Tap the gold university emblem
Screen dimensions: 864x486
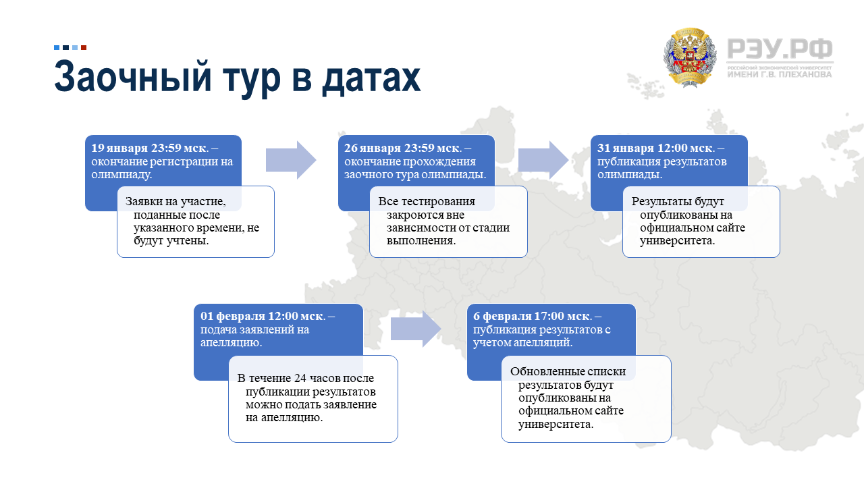click(690, 57)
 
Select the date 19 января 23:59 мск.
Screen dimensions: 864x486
click(150, 148)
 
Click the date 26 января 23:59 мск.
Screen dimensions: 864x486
click(403, 148)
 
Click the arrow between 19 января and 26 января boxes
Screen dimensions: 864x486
click(291, 160)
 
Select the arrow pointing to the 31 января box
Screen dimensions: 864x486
click(543, 160)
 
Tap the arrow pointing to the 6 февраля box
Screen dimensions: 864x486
click(416, 329)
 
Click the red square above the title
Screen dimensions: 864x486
click(84, 47)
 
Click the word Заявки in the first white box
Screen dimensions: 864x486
click(142, 201)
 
